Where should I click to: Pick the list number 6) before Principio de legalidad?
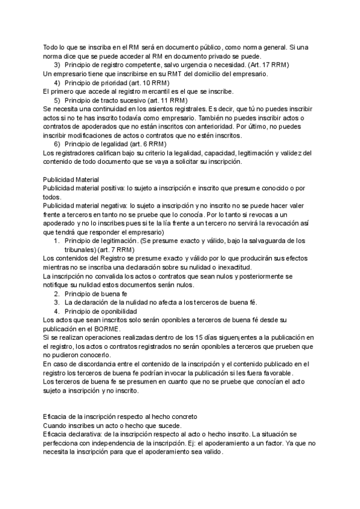click(58, 145)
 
